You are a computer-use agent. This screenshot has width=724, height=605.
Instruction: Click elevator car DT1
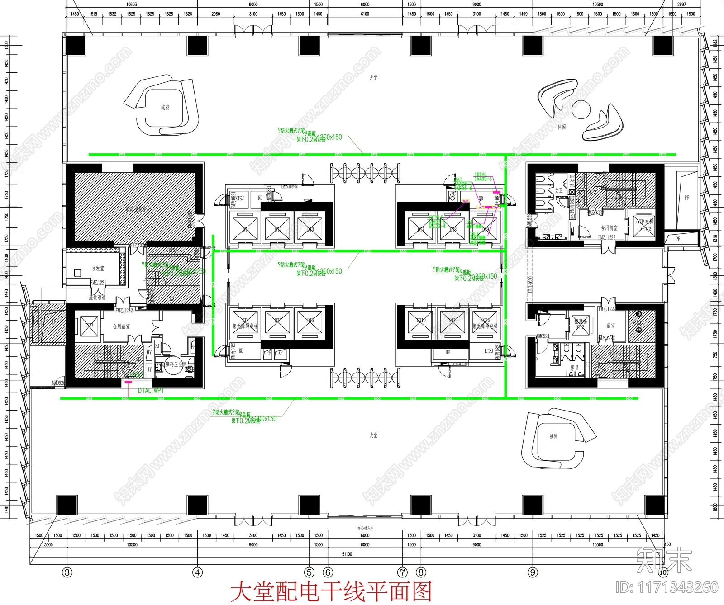point(246,228)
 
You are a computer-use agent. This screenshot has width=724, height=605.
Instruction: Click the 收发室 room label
point(98,268)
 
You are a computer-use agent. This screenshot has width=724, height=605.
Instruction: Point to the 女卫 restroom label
point(559,191)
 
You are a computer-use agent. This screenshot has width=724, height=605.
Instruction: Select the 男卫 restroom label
point(574,368)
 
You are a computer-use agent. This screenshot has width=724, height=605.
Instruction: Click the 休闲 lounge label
point(562,127)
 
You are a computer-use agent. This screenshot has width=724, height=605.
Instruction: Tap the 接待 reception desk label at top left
point(165,108)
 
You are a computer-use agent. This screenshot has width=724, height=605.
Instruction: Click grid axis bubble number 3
point(67,572)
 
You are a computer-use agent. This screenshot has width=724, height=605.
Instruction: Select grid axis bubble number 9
point(533,572)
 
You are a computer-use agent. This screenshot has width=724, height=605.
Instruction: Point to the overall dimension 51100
point(347,554)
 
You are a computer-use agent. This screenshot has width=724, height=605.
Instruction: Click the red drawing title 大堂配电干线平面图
point(331,592)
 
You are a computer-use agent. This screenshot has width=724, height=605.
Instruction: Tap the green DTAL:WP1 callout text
point(151,391)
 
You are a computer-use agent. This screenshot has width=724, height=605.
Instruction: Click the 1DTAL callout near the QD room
point(481,175)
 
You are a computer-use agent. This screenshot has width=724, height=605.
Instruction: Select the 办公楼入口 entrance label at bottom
point(365,528)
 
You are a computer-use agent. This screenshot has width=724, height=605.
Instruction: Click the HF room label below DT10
point(448,352)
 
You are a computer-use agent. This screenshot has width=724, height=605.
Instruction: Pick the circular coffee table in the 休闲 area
point(581,109)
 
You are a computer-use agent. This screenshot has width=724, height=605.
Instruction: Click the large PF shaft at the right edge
point(686,198)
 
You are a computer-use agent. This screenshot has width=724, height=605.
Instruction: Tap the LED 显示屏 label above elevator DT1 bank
point(290,187)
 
